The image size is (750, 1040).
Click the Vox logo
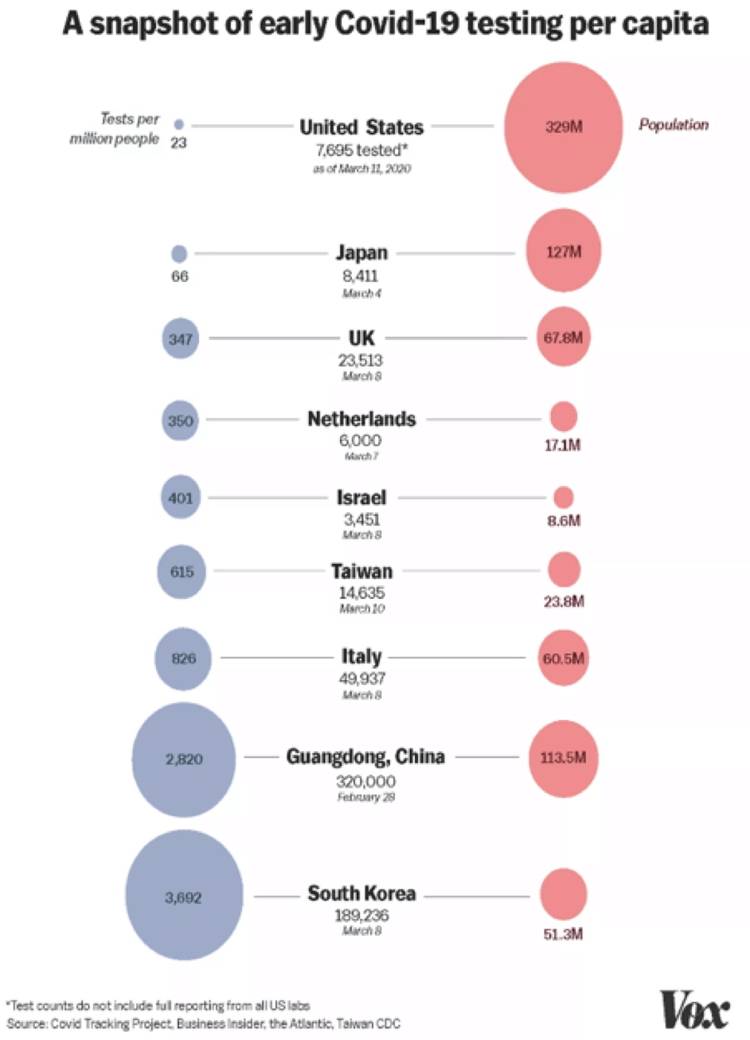coord(694,1010)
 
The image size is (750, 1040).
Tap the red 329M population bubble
coord(564,127)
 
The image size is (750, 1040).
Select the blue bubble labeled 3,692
coord(184,897)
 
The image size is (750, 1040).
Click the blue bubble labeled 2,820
coord(184,759)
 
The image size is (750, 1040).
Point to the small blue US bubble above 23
coord(178,125)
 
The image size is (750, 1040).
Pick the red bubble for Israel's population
coord(564,498)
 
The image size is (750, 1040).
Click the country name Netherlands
coord(361,419)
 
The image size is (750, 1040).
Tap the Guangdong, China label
coord(365,756)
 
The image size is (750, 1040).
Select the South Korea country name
coord(361,893)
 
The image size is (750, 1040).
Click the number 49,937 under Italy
coord(362,678)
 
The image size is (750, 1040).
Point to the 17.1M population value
coord(562,445)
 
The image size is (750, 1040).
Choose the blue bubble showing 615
coord(182,572)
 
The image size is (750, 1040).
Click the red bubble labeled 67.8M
coord(563,337)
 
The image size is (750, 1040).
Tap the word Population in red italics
coord(674,125)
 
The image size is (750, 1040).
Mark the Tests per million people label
coord(115,128)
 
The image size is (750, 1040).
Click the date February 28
coord(365,797)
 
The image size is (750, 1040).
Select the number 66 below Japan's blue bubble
coord(180,276)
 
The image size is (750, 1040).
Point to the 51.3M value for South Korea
coord(563,934)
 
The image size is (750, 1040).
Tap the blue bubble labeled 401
coord(181,498)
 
